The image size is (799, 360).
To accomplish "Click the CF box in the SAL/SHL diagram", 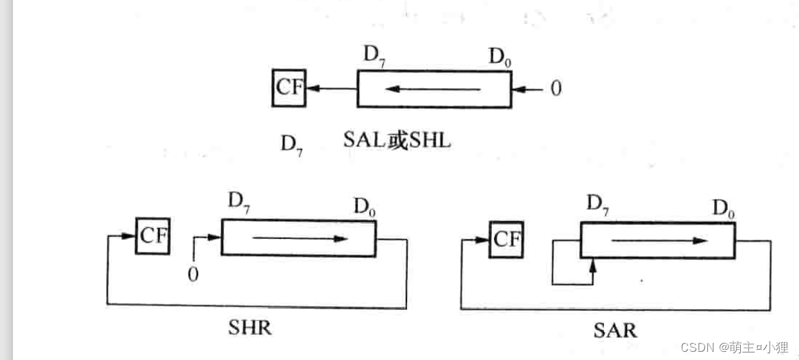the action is point(289,88).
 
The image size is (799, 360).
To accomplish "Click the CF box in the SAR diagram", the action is point(506,240).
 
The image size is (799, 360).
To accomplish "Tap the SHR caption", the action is point(250,328).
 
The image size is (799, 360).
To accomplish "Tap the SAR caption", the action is point(615,331).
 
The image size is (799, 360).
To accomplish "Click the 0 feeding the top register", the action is point(555,88).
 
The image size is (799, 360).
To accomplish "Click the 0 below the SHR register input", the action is point(194,274).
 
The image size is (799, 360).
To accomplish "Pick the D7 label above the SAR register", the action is point(598,205).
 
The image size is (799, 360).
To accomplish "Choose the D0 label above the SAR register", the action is point(724,208).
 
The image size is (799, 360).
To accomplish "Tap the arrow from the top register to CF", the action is point(331,88).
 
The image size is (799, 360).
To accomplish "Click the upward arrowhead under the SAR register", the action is point(593,264).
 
